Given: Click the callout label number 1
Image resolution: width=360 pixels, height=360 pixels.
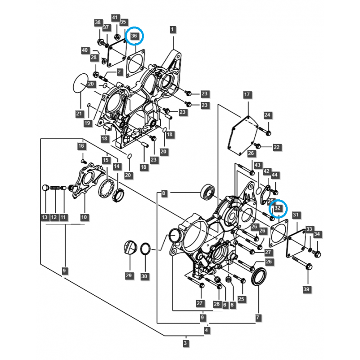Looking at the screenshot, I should tap(172, 30).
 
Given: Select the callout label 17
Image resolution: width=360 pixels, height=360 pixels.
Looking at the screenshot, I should tap(247, 94).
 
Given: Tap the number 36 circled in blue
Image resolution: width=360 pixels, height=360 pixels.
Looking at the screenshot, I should tap(134, 36).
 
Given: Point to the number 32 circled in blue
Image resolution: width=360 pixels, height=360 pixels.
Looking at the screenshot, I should tap(278, 208).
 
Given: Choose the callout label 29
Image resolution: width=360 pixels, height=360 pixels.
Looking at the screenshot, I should tap(129, 276).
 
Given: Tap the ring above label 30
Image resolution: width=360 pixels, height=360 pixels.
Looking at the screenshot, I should tap(145, 248).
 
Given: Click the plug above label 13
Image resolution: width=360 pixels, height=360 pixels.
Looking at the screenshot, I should tap(45, 188).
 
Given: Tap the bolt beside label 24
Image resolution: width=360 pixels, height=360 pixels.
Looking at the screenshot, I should tap(267, 132).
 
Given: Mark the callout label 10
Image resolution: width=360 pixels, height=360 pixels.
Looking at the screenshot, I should tap(84, 217).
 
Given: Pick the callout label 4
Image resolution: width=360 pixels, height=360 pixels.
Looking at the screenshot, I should tap(207, 331).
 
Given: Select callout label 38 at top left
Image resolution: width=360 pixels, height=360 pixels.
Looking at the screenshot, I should tap(98, 22).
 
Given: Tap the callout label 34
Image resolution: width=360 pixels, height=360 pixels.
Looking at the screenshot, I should tap(317, 234).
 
